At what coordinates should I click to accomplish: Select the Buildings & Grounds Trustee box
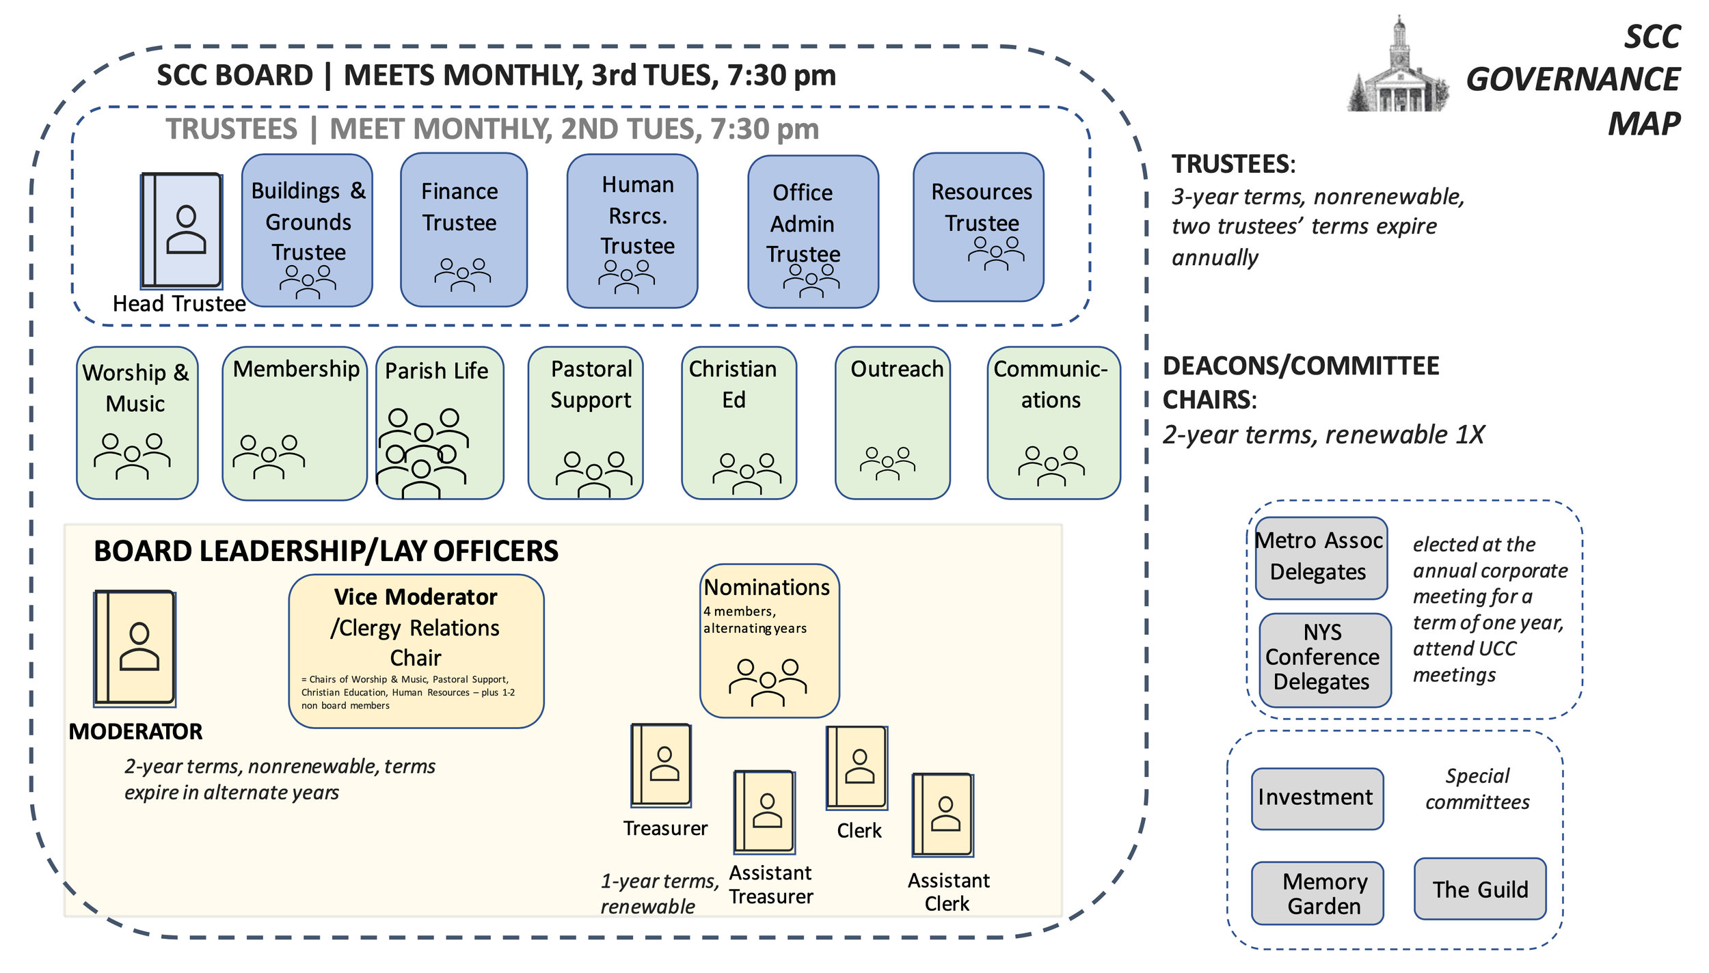(x=307, y=230)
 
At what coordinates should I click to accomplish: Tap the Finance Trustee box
(x=463, y=230)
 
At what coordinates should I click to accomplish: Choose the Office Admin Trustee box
(x=813, y=232)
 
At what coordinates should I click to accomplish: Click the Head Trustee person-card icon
(x=181, y=230)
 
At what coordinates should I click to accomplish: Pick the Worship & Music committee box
(x=137, y=423)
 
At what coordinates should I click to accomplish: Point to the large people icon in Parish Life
(x=424, y=452)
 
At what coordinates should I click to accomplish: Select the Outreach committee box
(x=893, y=423)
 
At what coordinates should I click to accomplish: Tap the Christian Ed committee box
(x=739, y=423)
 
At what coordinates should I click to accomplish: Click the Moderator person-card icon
(x=135, y=648)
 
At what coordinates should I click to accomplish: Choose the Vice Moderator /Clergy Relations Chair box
(x=416, y=651)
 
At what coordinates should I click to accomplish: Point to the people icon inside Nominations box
(x=768, y=682)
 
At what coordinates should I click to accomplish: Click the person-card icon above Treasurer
(x=661, y=766)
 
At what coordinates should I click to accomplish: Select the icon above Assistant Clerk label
(x=943, y=815)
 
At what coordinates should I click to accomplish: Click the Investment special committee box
(x=1317, y=799)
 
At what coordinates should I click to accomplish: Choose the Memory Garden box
(x=1317, y=893)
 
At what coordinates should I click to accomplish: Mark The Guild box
(x=1480, y=889)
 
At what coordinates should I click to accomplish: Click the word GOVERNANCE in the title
(x=1573, y=79)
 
